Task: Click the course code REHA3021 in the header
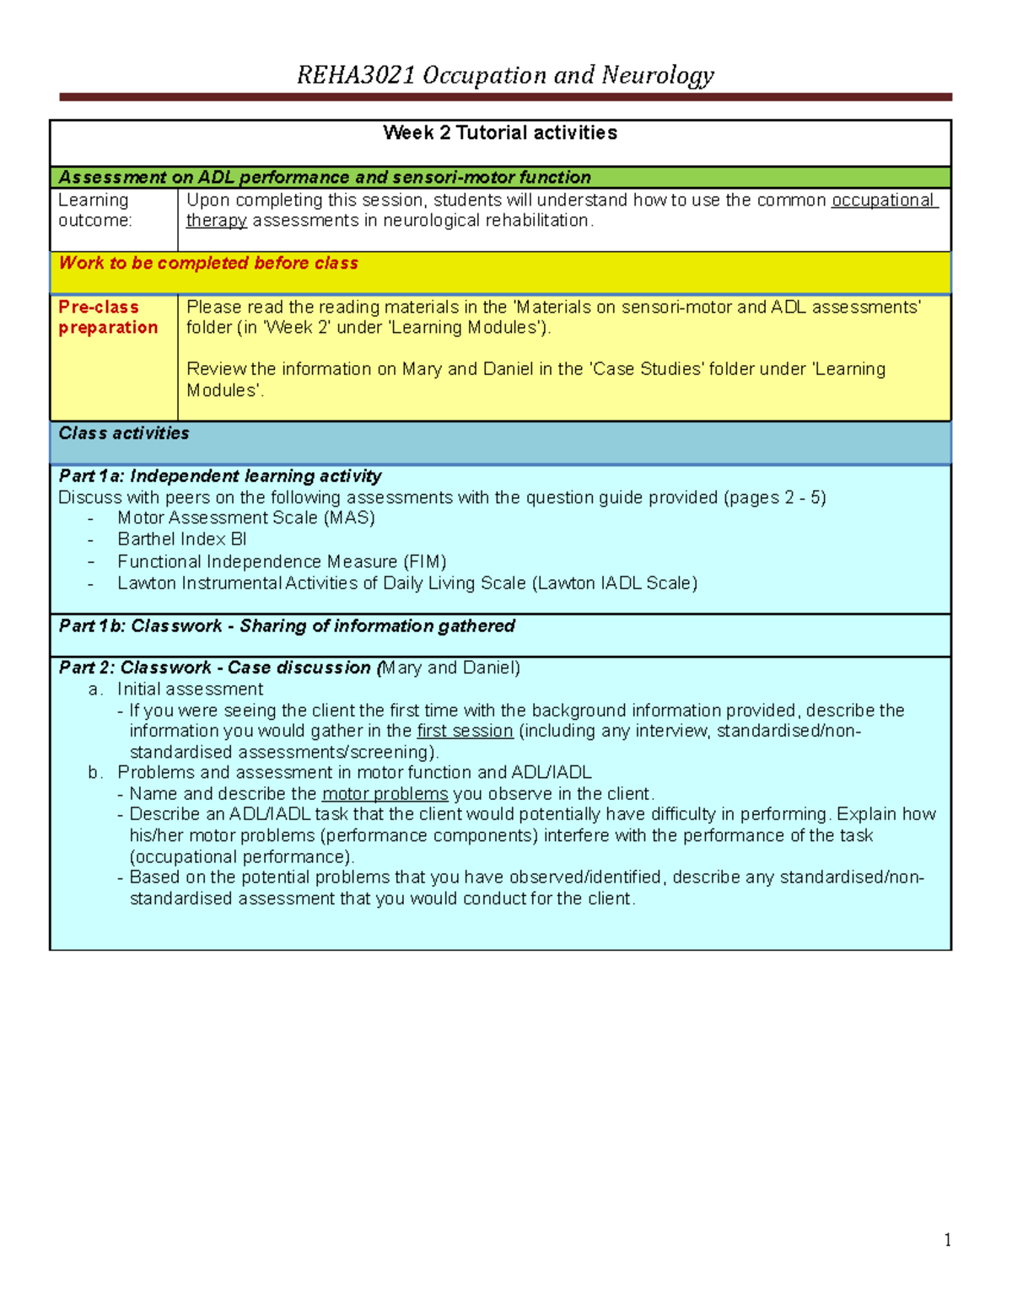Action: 357,75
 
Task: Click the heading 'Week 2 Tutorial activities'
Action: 500,132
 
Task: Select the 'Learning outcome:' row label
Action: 94,210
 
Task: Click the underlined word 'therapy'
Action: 216,221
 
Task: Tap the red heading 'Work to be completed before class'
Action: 208,263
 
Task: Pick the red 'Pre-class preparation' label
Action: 107,317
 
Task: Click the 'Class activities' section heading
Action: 124,433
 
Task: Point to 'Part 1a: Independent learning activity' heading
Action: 220,476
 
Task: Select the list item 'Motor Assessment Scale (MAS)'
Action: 246,518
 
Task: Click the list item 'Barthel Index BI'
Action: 182,539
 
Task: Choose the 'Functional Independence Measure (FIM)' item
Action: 282,561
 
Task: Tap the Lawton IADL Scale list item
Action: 406,583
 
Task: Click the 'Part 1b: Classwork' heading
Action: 287,626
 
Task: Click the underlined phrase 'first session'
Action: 465,731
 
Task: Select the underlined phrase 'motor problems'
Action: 385,794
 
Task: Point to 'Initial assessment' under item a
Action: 190,689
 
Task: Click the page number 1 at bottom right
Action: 948,1239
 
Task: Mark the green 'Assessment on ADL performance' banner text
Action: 325,177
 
